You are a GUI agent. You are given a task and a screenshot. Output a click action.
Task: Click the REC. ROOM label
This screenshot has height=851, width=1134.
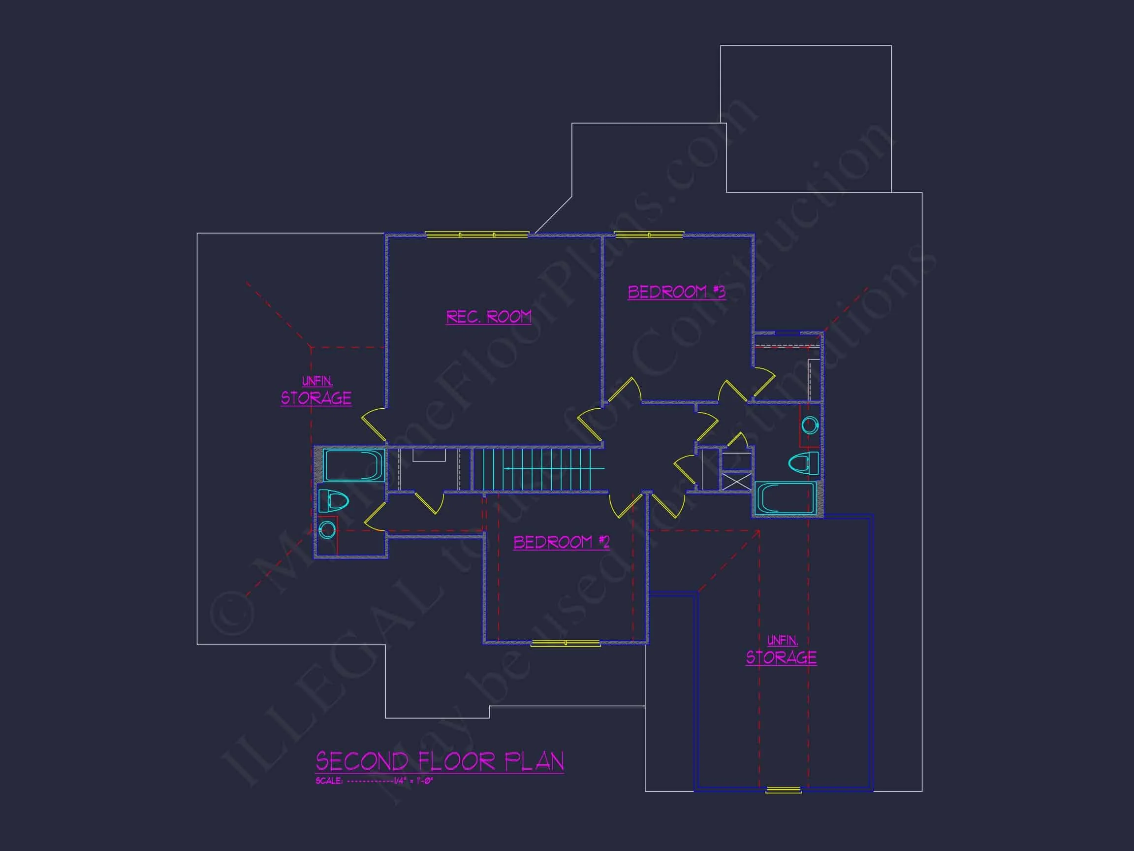(489, 317)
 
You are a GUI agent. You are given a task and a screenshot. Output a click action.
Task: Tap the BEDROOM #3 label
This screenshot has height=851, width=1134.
(676, 292)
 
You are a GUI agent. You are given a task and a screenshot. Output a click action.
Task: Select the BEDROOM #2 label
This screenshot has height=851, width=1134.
(562, 542)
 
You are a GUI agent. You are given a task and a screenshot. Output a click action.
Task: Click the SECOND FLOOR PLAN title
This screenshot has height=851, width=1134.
(440, 762)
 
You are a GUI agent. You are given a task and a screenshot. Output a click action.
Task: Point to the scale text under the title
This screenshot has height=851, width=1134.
(375, 781)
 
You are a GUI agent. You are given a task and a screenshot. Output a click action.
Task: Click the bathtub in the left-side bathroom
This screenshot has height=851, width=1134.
(352, 465)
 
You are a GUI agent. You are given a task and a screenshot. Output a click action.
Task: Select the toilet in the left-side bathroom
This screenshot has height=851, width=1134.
(333, 501)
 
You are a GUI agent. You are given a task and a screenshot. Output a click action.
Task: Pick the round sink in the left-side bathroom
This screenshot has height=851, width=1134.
(328, 529)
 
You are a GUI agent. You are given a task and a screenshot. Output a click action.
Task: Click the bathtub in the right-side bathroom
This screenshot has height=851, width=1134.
(785, 498)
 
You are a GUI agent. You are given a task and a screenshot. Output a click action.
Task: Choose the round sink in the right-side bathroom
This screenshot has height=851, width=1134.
(810, 425)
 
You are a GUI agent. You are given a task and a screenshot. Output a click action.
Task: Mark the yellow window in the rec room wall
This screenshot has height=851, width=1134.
(477, 235)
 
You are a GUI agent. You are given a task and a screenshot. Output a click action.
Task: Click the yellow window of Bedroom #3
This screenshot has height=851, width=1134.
(649, 235)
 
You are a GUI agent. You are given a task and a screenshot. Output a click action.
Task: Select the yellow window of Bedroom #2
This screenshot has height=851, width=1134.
(565, 643)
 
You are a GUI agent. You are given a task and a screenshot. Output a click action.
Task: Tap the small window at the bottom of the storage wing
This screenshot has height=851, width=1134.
(783, 790)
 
